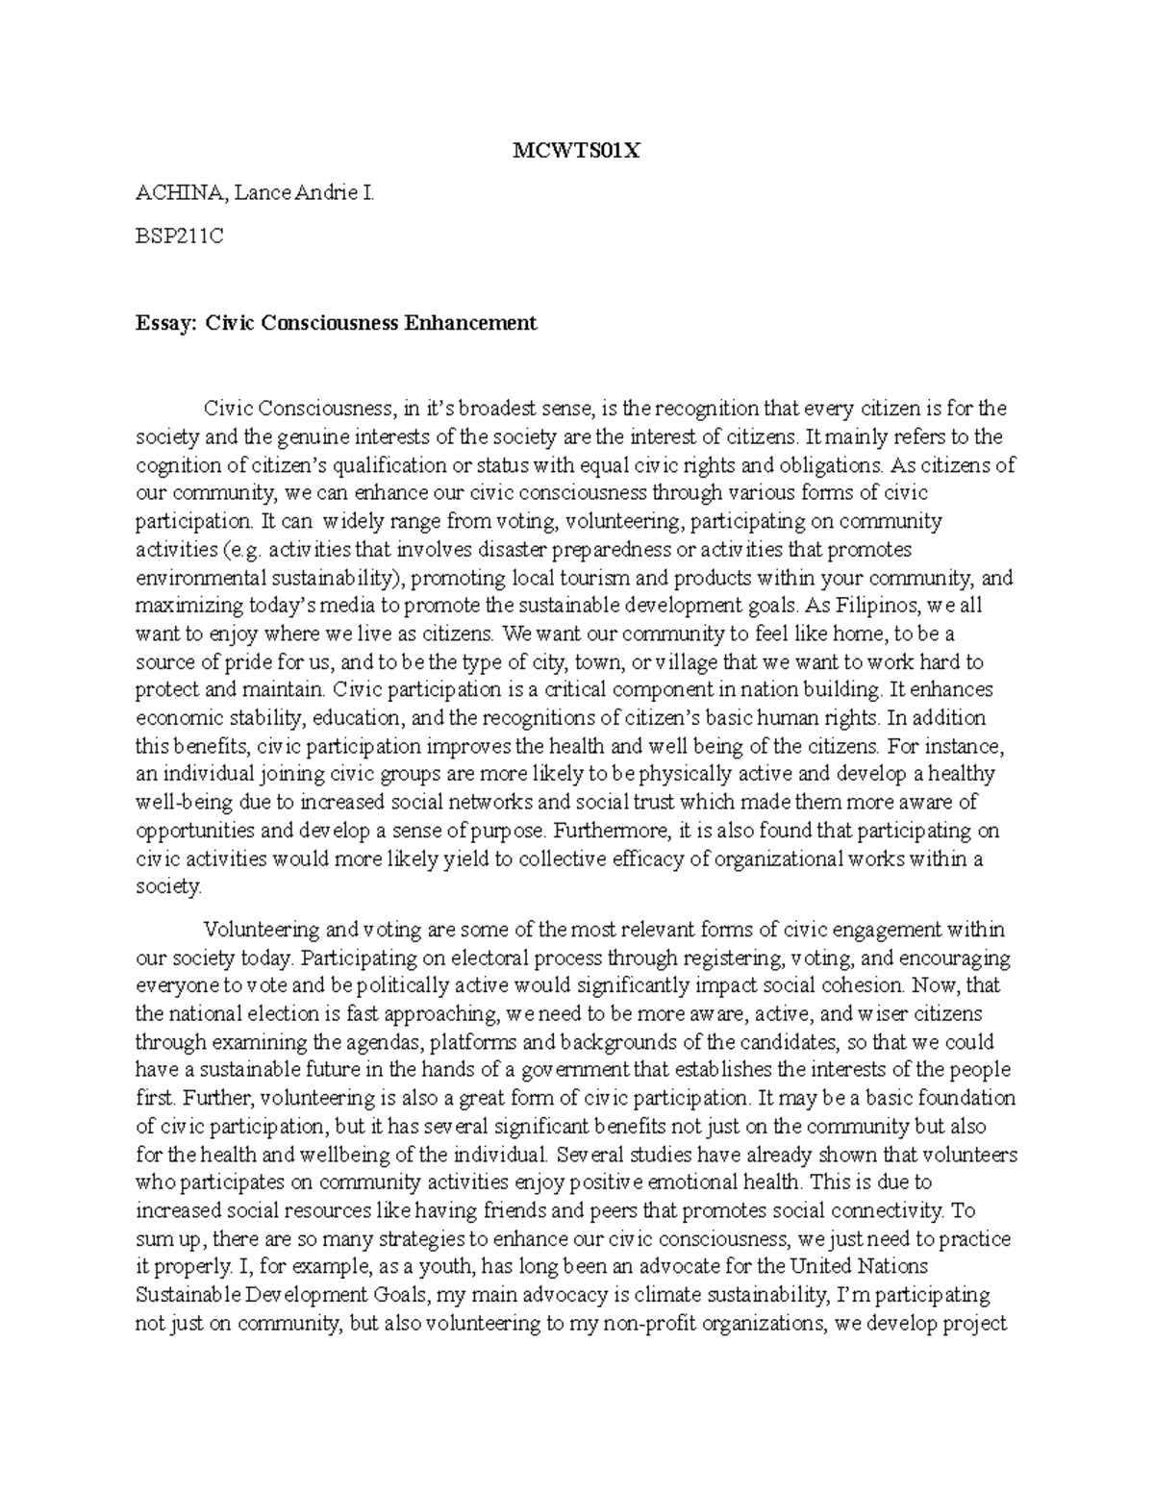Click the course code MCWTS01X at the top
point(576,152)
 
